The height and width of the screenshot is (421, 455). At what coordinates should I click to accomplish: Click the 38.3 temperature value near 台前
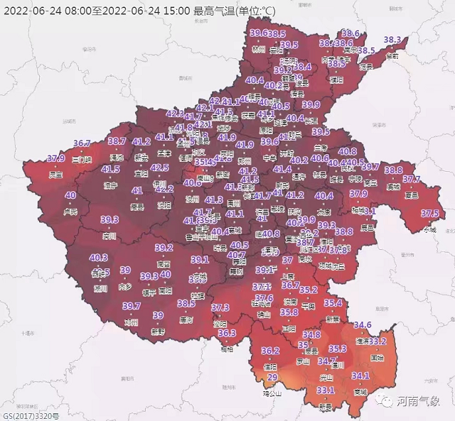click(393, 40)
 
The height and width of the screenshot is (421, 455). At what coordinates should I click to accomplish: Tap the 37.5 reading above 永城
click(429, 213)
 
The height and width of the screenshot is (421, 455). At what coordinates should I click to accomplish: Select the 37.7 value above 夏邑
click(412, 180)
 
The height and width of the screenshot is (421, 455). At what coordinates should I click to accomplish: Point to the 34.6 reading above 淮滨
click(363, 325)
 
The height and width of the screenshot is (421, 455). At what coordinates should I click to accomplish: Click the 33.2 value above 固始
click(378, 341)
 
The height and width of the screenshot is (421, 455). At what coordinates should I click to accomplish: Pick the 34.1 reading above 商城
click(360, 376)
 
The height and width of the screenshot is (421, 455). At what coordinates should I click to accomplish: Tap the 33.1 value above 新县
click(326, 390)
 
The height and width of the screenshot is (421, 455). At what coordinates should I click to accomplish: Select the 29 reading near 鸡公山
click(272, 377)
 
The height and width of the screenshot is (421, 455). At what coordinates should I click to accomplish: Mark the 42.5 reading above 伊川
click(160, 168)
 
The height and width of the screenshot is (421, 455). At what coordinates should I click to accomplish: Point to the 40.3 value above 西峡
click(100, 258)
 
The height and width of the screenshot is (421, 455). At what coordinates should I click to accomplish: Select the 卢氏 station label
click(70, 211)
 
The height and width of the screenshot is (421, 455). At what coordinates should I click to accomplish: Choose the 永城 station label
click(430, 229)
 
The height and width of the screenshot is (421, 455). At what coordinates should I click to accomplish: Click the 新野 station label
click(158, 331)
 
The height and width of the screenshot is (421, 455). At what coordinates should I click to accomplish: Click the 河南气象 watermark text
click(419, 401)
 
